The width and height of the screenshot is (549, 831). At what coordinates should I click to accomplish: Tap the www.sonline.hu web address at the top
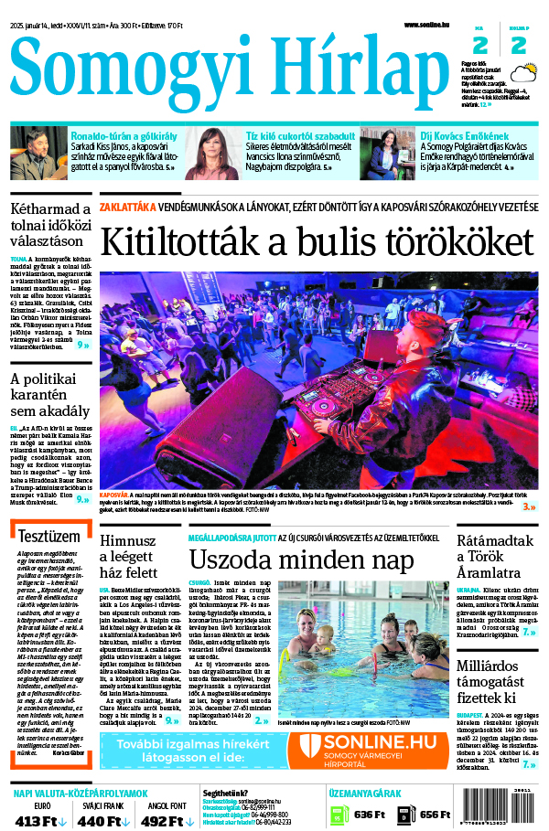coord(430,25)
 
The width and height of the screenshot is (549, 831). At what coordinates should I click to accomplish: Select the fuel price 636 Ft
coord(370,815)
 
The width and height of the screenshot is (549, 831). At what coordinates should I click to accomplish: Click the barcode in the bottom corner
coord(505,808)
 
